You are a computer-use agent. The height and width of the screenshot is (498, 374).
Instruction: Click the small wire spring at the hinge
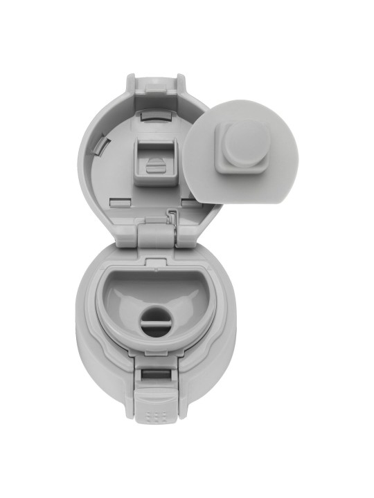(x=171, y=219)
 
